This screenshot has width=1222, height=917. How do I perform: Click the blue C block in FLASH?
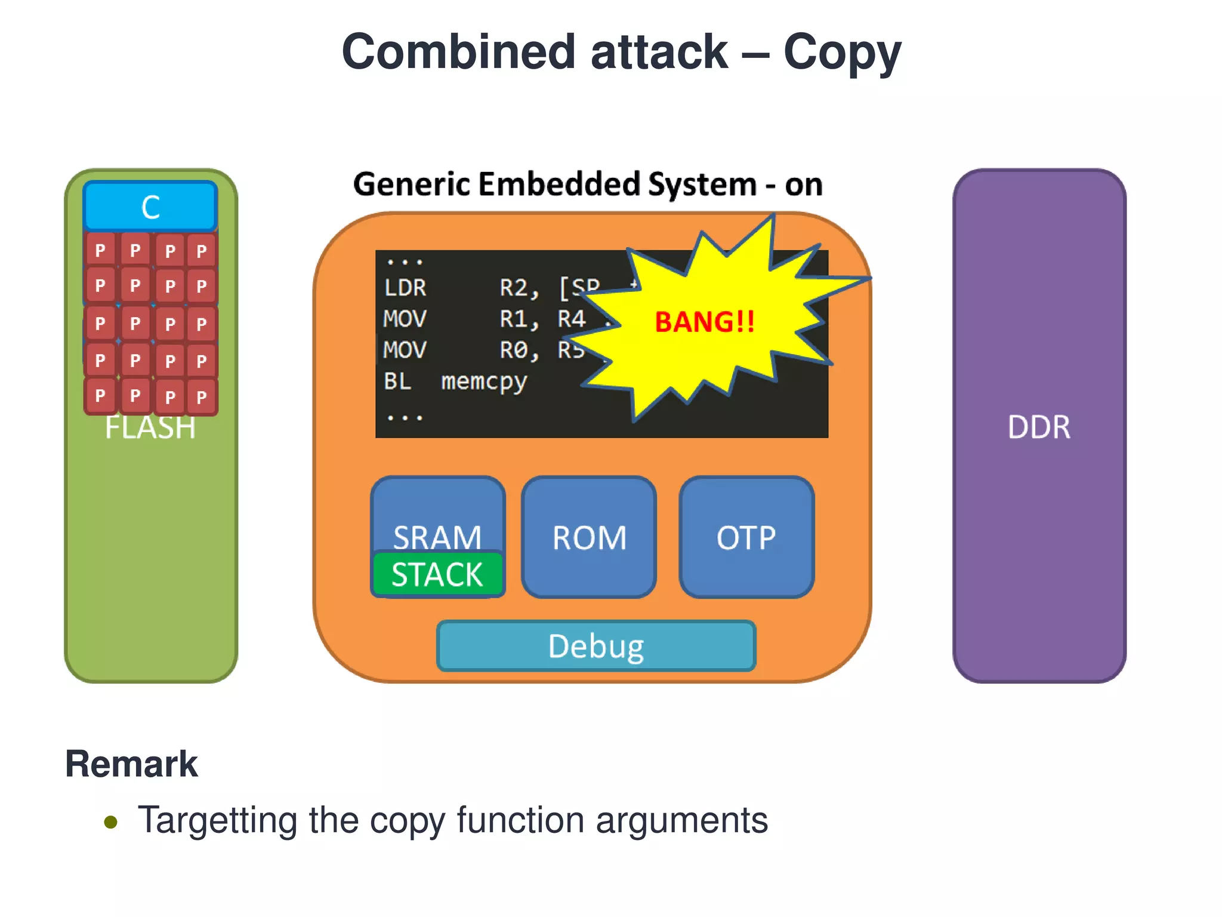tap(150, 207)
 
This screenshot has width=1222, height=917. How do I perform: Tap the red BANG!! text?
tap(705, 322)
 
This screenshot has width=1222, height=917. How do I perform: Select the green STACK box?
tap(437, 574)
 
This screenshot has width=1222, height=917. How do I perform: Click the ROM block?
tap(589, 537)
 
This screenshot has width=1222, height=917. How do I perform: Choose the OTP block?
tap(746, 537)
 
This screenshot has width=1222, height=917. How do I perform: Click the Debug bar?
tap(596, 646)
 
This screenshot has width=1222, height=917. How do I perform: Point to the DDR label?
tap(1039, 427)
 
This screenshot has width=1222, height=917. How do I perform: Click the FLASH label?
tap(150, 428)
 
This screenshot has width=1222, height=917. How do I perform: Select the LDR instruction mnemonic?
tap(405, 288)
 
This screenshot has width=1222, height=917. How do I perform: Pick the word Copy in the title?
tap(842, 53)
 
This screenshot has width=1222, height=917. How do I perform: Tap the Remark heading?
tap(131, 764)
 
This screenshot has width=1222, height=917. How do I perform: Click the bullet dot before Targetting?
tap(110, 822)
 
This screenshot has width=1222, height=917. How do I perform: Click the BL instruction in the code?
tap(397, 381)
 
